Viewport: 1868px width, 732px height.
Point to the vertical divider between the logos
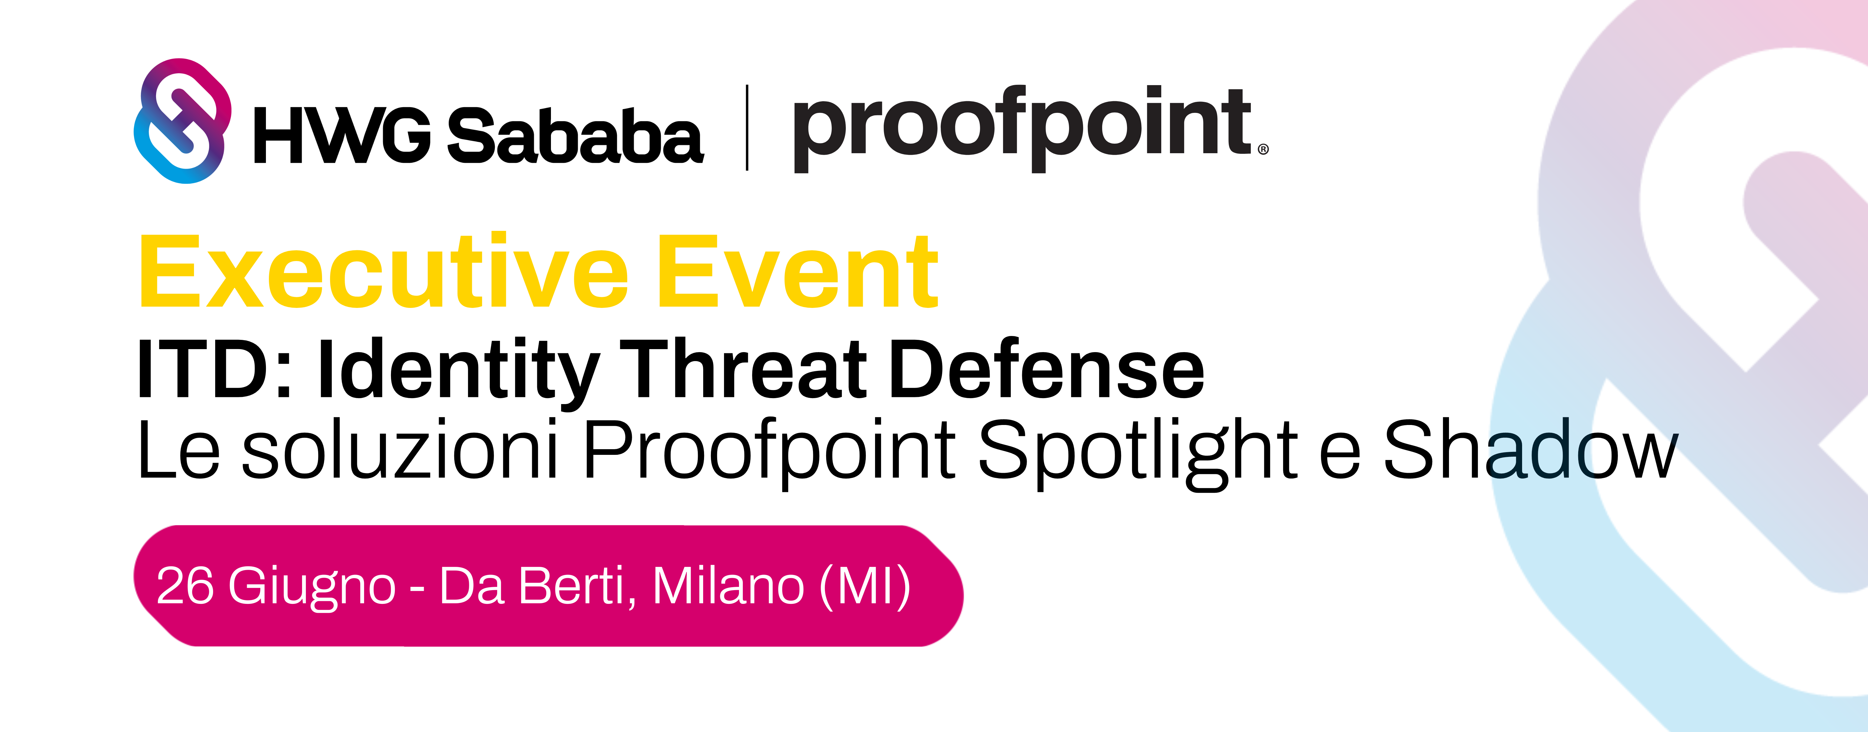(747, 128)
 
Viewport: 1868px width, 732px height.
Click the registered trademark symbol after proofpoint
(1263, 149)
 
